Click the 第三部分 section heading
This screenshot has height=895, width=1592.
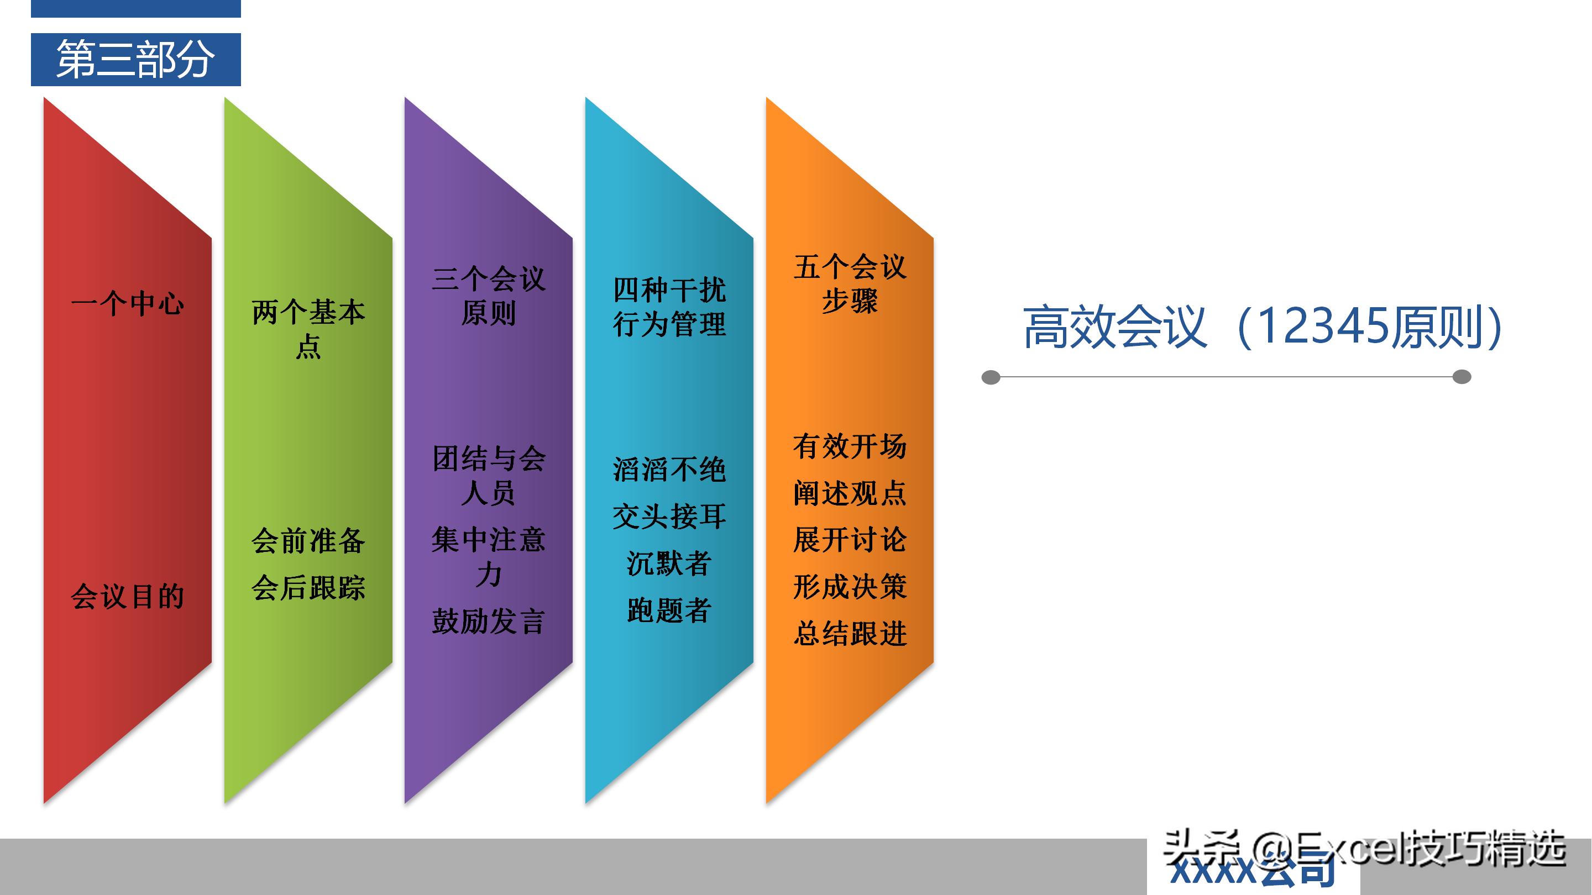pos(135,59)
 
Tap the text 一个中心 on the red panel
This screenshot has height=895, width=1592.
pos(127,304)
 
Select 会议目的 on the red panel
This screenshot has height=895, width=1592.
pos(127,597)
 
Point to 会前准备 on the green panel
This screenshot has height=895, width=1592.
pos(308,541)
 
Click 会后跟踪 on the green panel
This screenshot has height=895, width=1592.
pos(308,587)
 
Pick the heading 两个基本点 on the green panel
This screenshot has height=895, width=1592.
pos(308,329)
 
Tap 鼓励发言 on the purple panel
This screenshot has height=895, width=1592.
pos(488,622)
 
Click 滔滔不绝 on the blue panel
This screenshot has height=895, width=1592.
pos(669,470)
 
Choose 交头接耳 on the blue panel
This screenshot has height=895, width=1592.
pos(669,517)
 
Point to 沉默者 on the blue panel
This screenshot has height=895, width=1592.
pos(669,564)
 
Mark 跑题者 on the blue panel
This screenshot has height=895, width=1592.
pos(669,610)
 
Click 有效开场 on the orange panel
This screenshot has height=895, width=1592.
pos(850,446)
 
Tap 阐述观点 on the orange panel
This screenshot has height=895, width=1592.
pos(850,493)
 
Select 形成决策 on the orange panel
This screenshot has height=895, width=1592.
pos(850,587)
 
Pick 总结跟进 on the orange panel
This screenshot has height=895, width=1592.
pos(850,634)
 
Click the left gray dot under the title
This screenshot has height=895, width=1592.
pos(991,377)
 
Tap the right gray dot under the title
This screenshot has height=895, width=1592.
pos(1462,377)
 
